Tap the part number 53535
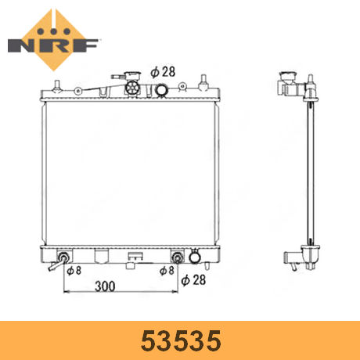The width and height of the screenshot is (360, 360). pyautogui.click(x=181, y=340)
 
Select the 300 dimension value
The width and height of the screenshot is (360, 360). pyautogui.click(x=105, y=286)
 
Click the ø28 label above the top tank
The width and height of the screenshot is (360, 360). pyautogui.click(x=163, y=72)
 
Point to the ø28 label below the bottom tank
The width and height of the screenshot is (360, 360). pyautogui.click(x=193, y=280)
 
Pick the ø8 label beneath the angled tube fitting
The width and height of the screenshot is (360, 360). pyautogui.click(x=74, y=271)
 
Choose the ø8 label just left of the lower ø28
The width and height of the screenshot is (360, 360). pyautogui.click(x=167, y=271)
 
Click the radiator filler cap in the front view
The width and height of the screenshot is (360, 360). pyautogui.click(x=132, y=84)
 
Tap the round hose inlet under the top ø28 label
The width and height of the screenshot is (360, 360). pyautogui.click(x=162, y=90)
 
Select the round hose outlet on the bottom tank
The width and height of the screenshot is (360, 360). pyautogui.click(x=194, y=257)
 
